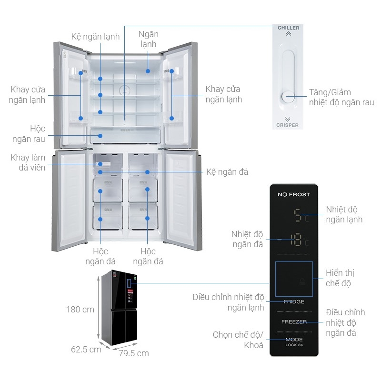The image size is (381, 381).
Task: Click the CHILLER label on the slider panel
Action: tap(289, 28)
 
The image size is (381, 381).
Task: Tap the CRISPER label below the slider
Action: tap(288, 125)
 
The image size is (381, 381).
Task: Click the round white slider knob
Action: tap(288, 97)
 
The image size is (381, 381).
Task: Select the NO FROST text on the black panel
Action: tap(294, 194)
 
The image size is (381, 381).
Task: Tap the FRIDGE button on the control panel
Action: tap(294, 302)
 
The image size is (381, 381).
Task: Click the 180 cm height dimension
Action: tap(80, 310)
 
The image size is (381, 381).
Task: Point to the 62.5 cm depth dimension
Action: tap(86, 350)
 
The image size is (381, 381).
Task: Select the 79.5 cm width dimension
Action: tap(134, 353)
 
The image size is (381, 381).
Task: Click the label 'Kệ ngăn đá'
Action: tap(227, 172)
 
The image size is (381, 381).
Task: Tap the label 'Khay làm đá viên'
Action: tap(28, 162)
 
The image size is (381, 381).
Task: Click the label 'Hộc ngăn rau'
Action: tap(29, 134)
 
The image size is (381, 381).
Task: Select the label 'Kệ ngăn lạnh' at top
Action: tap(96, 37)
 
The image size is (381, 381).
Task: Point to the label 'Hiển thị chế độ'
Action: tap(340, 278)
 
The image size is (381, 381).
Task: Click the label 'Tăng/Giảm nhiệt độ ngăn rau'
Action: tap(341, 97)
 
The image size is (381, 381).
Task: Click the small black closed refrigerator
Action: tap(120, 308)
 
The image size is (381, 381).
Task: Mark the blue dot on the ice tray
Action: tap(100, 164)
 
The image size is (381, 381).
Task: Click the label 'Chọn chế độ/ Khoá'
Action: tap(238, 340)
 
